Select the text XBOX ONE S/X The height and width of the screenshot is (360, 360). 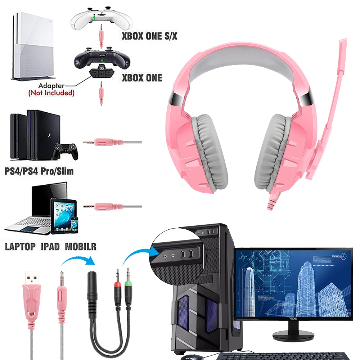pos(149,36)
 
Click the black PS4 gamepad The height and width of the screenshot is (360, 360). pos(65,151)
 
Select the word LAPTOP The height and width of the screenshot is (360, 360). pos(20,247)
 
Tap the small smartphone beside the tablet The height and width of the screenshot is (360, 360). pos(74,225)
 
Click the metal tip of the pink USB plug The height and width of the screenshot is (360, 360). pos(32,278)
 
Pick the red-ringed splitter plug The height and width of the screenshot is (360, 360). pos(117,284)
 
